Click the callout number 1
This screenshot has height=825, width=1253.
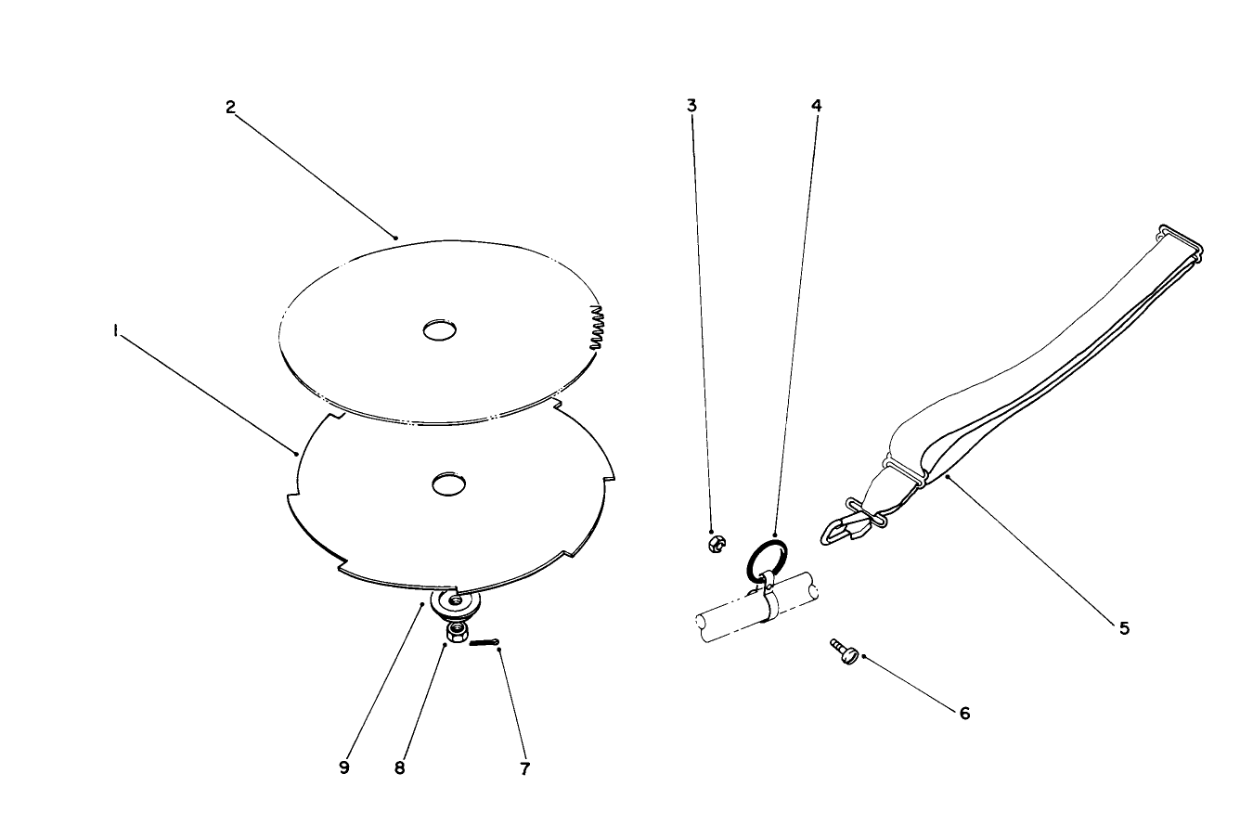point(115,332)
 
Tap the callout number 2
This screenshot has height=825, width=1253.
point(230,107)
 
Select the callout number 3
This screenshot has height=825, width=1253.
point(692,105)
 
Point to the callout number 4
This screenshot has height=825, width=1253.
point(816,105)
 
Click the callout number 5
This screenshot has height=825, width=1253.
point(1124,628)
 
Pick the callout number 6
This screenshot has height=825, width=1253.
point(964,713)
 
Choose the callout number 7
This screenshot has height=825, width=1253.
point(524,768)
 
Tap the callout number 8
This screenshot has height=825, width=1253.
point(399,768)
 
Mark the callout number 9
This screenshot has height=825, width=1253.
point(344,767)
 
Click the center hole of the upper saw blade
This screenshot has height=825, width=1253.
point(439,330)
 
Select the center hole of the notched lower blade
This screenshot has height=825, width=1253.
point(449,484)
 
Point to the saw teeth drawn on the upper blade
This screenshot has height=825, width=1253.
point(598,328)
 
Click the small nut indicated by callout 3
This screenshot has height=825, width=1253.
point(717,544)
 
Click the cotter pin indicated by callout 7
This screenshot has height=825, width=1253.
point(484,643)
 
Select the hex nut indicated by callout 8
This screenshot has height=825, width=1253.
point(457,634)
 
